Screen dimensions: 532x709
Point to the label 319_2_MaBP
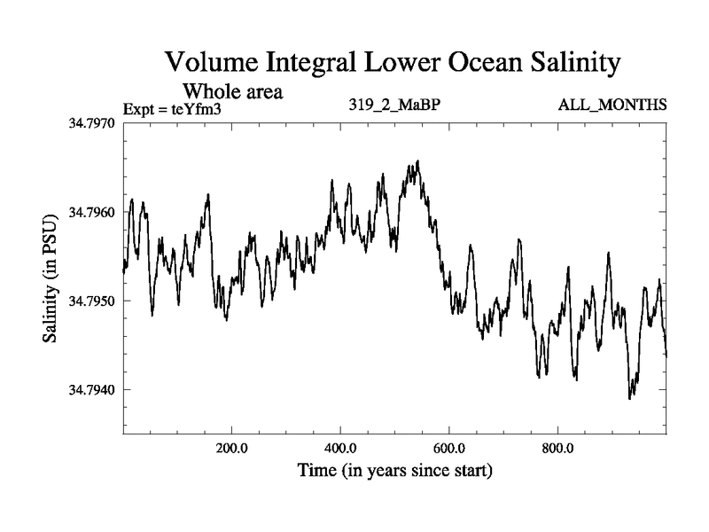393,106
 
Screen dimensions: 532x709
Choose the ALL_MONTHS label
612,106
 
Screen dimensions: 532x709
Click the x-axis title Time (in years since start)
393,470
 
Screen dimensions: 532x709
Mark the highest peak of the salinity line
417,161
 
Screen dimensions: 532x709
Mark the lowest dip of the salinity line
630,398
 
